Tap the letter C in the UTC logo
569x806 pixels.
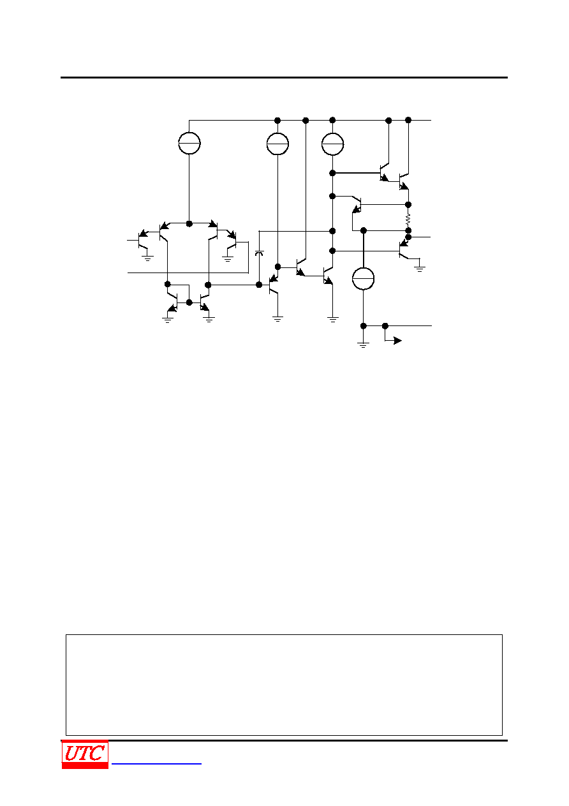(97, 754)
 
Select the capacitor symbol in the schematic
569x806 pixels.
(259, 253)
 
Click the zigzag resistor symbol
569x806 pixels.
(408, 220)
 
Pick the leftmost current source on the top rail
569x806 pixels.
(189, 143)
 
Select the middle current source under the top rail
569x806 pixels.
(277, 144)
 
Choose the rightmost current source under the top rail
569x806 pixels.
(332, 144)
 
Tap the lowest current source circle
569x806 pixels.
(363, 278)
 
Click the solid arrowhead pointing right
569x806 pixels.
(397, 340)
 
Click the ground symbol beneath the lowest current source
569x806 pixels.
(363, 345)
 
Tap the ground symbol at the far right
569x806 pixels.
(419, 269)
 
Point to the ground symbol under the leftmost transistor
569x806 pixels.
(147, 258)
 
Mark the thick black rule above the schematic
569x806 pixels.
(284, 77)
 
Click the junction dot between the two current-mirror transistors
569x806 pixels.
(189, 302)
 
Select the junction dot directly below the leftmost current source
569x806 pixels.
(189, 224)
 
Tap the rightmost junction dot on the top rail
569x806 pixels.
(408, 120)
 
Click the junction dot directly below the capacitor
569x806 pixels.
(259, 285)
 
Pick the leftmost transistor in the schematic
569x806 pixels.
(143, 240)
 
